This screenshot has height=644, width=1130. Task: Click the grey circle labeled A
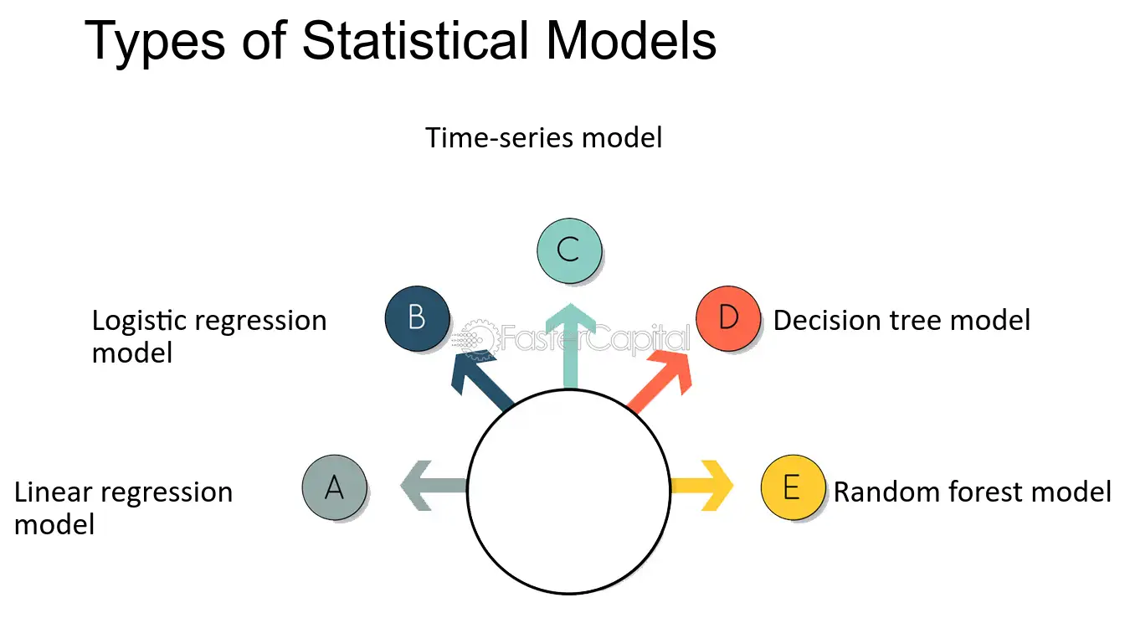pyautogui.click(x=334, y=487)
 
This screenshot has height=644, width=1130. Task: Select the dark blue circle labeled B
pyautogui.click(x=417, y=318)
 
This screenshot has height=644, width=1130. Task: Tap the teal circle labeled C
pyautogui.click(x=568, y=250)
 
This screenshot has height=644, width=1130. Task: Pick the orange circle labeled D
pyautogui.click(x=728, y=318)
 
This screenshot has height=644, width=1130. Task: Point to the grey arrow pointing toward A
pyautogui.click(x=431, y=486)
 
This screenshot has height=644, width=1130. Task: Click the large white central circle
pyautogui.click(x=568, y=492)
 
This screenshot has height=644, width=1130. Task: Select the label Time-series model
pyautogui.click(x=544, y=137)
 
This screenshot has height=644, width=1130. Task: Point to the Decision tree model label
pyautogui.click(x=901, y=320)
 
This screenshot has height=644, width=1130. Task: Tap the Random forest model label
pyautogui.click(x=973, y=492)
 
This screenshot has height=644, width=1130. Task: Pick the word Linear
pyautogui.click(x=55, y=492)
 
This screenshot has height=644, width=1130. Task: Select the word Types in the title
pyautogui.click(x=152, y=42)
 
